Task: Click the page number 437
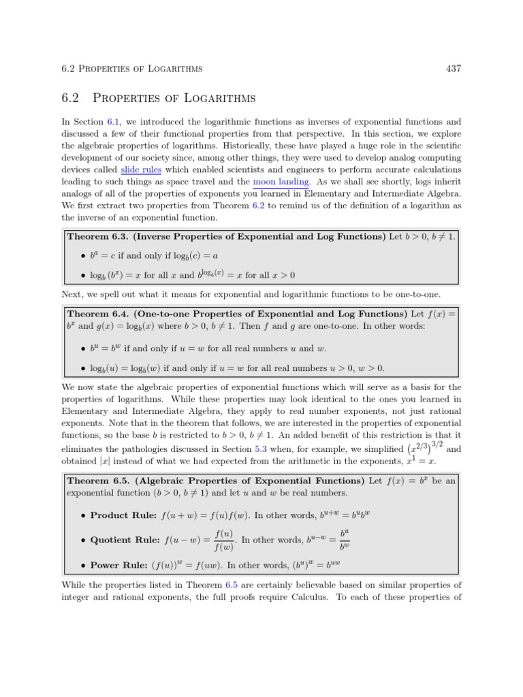pos(454,69)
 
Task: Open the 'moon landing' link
pos(281,182)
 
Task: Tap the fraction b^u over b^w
pos(345,540)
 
